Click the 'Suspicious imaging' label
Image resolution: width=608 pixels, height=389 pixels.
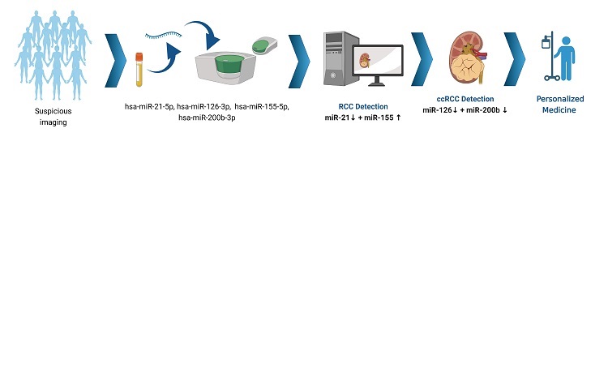pos(54,117)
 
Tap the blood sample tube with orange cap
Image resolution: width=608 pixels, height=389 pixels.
pos(139,70)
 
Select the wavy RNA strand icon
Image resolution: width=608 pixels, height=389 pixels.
pos(163,36)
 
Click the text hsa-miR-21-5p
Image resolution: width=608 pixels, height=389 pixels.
pos(149,106)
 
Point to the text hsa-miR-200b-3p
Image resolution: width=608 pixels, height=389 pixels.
pos(207,118)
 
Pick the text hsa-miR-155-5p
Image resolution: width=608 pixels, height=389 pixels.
pos(262,106)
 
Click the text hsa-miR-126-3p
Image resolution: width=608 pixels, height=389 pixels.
pos(203,106)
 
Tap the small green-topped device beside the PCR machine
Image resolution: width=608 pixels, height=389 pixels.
pos(264,45)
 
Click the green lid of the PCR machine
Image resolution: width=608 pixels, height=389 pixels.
pos(229,63)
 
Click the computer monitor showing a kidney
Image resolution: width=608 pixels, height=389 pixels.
pos(378,64)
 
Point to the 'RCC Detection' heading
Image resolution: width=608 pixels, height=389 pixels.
pos(363,106)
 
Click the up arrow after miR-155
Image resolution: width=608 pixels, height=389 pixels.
pos(398,118)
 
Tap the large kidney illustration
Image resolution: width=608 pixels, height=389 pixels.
pos(467,58)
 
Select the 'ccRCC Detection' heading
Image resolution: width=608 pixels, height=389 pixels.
pos(465,99)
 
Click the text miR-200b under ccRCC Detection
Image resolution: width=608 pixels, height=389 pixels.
pos(483,110)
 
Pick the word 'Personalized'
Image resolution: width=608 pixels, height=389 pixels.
pos(560,99)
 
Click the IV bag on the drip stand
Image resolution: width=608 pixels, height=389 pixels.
pos(546,42)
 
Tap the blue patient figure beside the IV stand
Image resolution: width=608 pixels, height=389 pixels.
pos(566,58)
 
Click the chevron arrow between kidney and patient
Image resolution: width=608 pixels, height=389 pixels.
pos(515,59)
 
